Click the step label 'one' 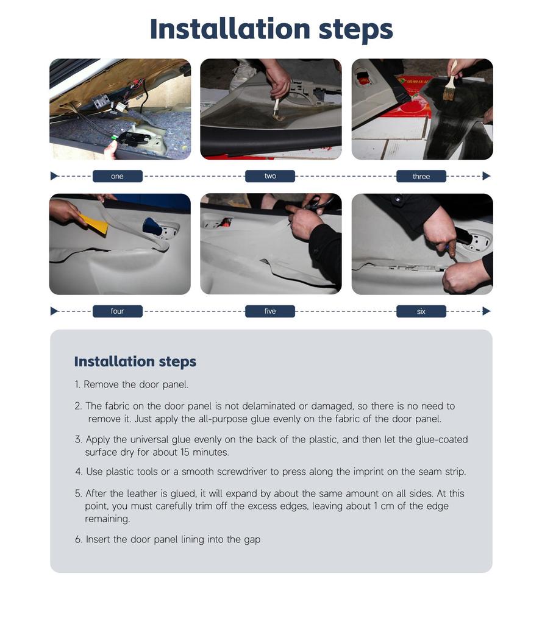[118, 176]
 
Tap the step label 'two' [270, 176]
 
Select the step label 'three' [421, 176]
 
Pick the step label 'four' [118, 311]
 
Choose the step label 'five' [270, 311]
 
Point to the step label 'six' [421, 311]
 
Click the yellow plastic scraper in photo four [94, 224]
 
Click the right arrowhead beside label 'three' [487, 176]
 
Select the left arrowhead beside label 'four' [54, 311]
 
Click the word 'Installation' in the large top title [230, 29]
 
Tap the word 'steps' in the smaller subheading [177, 361]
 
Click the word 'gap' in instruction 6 [252, 540]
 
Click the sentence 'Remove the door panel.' [136, 385]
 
